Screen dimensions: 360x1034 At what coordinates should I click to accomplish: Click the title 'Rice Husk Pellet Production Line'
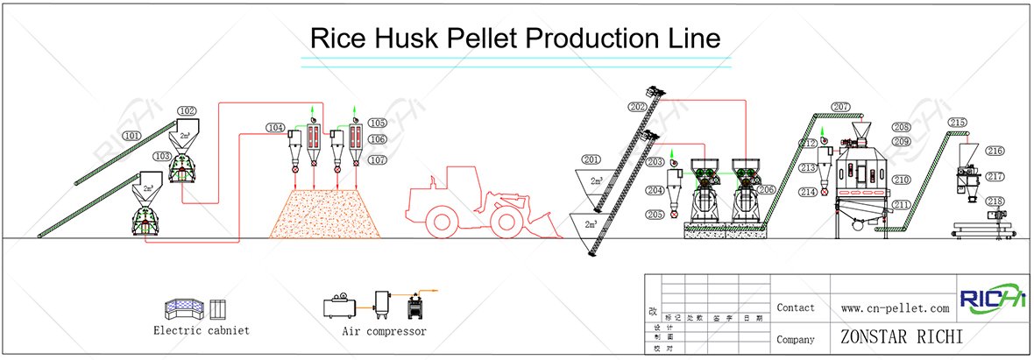click(x=516, y=38)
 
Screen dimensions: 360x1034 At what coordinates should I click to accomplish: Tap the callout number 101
click(x=131, y=136)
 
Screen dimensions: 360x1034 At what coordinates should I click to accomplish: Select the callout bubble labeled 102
click(x=187, y=111)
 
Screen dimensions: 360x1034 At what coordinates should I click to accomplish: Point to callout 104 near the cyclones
click(x=275, y=128)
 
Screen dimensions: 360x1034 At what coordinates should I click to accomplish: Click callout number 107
click(x=378, y=160)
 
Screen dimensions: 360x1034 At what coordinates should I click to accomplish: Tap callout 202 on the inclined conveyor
click(x=637, y=108)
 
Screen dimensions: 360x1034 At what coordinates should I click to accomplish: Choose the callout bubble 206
click(x=767, y=189)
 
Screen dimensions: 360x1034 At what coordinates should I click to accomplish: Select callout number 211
click(x=902, y=205)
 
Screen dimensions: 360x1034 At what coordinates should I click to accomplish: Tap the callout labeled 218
click(x=995, y=201)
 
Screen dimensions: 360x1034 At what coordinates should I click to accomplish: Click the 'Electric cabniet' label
click(x=201, y=331)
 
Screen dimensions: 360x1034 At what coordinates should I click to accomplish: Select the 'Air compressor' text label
click(x=384, y=332)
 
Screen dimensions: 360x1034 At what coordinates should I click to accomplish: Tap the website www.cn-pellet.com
click(x=895, y=308)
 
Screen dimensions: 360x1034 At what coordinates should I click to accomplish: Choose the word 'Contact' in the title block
click(x=795, y=308)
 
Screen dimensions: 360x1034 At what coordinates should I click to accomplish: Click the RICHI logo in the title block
click(x=993, y=300)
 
